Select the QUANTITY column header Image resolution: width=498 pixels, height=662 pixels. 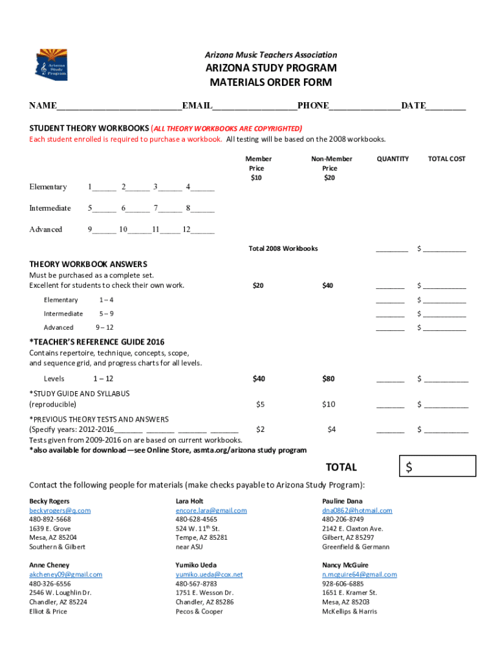(x=393, y=158)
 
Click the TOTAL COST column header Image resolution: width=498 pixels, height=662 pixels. (x=446, y=158)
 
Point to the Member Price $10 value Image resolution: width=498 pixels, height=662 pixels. (x=257, y=178)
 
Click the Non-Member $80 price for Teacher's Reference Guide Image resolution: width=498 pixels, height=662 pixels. (x=329, y=378)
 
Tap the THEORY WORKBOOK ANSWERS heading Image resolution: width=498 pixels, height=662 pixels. (x=88, y=264)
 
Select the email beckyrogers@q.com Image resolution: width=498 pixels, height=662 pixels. (x=60, y=510)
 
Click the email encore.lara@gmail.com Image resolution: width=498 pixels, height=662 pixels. (x=211, y=510)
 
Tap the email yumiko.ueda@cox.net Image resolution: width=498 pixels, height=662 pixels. (x=209, y=574)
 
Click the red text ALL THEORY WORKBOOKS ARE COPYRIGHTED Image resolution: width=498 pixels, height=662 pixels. (x=227, y=128)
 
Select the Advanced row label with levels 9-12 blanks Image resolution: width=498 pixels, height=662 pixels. (x=46, y=230)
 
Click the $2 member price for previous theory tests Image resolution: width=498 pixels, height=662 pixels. (x=260, y=429)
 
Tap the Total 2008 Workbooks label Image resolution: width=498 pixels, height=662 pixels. (x=283, y=248)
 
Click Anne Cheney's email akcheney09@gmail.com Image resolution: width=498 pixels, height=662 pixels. (x=65, y=574)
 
